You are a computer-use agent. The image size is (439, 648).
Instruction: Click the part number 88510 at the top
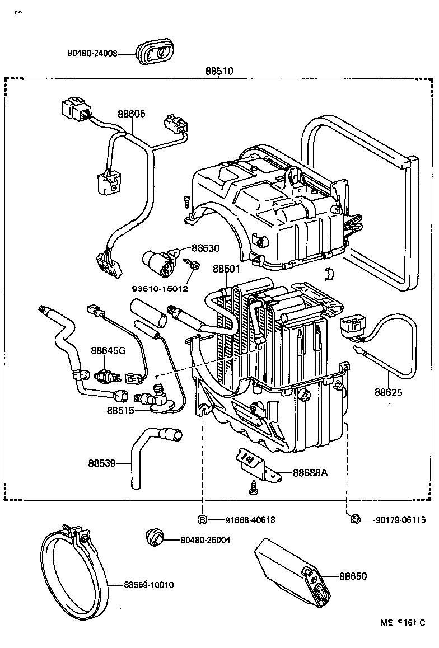(219, 72)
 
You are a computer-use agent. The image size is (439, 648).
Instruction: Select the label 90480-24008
(92, 54)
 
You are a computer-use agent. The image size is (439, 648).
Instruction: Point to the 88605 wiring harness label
(131, 114)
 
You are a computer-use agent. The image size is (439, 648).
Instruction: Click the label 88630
(206, 248)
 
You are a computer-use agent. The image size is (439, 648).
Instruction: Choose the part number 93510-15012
(160, 289)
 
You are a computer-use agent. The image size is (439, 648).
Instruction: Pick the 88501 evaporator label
(226, 269)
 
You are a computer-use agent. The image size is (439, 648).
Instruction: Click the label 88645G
(108, 351)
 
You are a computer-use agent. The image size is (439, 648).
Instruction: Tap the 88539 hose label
(101, 463)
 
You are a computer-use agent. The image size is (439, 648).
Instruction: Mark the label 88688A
(310, 472)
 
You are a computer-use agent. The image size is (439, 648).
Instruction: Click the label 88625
(389, 392)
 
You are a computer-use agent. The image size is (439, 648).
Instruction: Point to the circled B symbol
(203, 520)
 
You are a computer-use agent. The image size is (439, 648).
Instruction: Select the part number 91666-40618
(250, 520)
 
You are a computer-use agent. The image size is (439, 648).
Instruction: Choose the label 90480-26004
(205, 540)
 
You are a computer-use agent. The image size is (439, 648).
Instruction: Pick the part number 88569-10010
(148, 585)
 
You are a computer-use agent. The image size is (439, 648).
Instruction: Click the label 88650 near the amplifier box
(353, 576)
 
